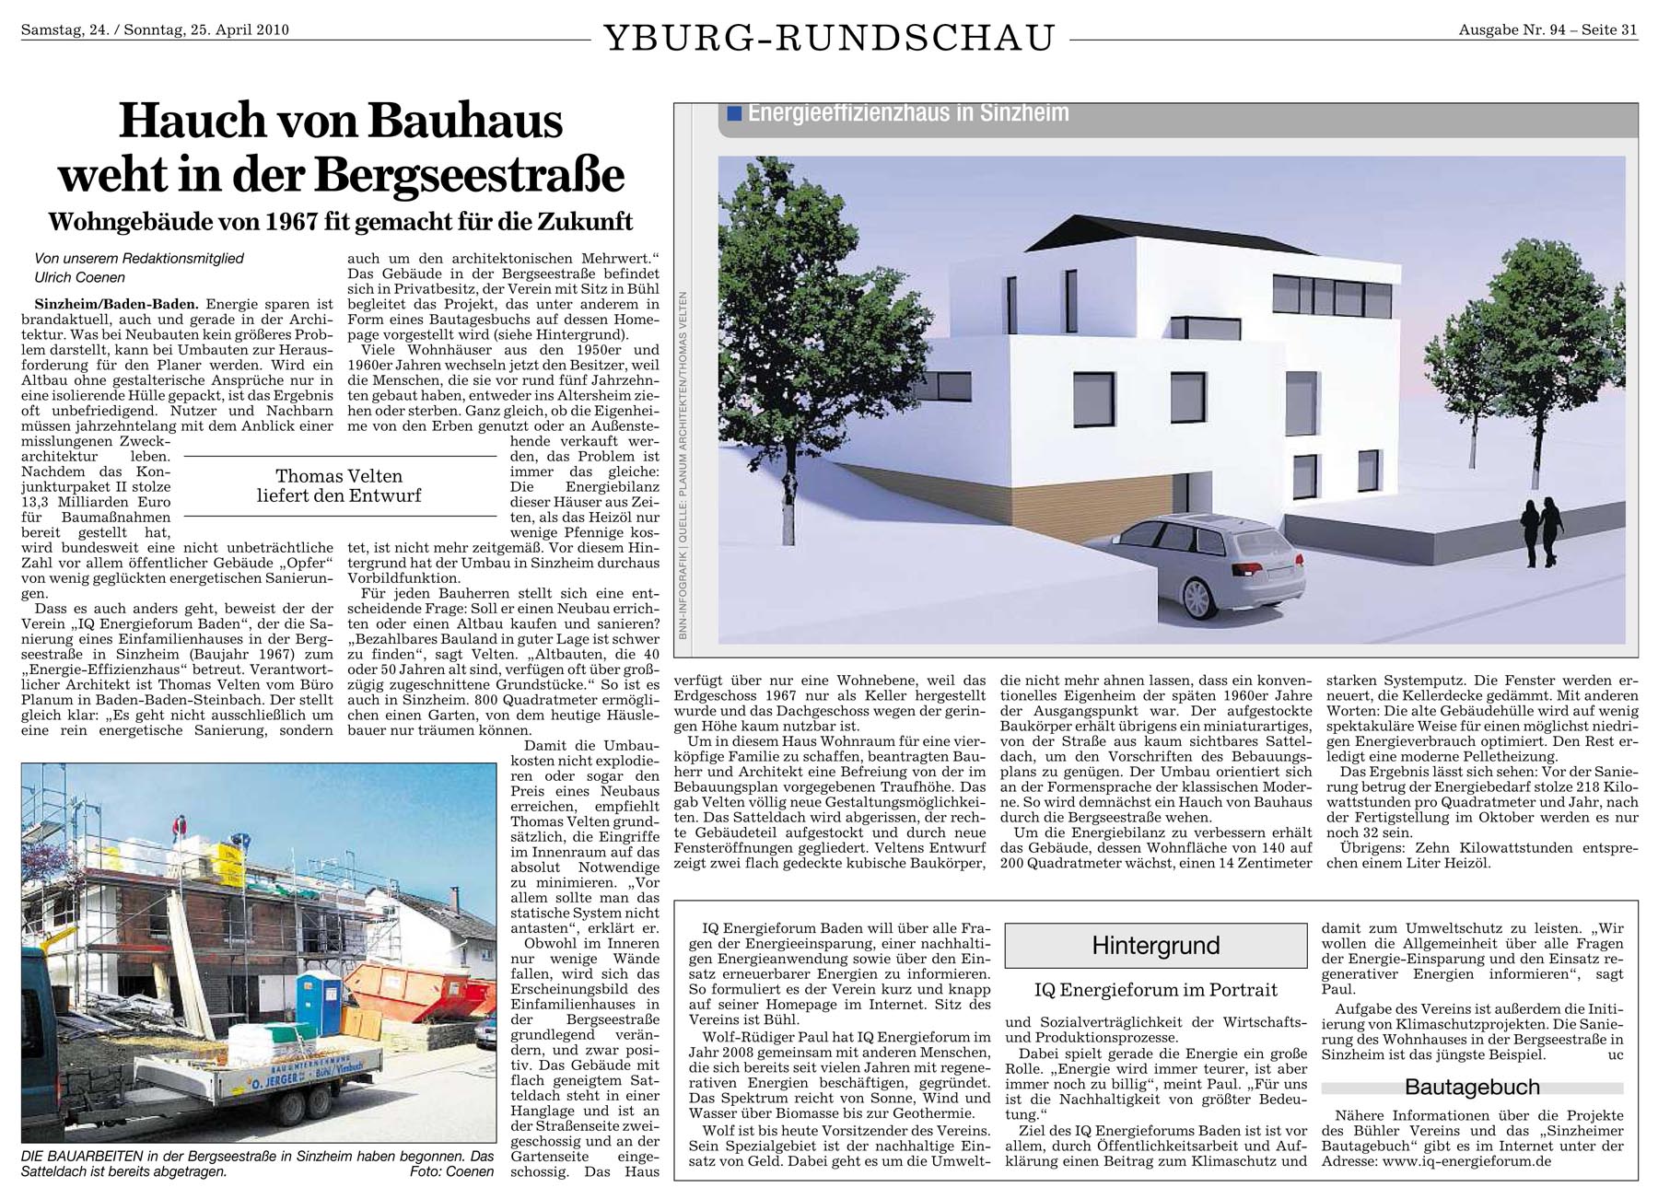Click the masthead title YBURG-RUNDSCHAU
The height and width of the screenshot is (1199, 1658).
click(x=829, y=38)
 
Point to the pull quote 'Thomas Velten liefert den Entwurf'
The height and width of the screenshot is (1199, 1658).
click(x=339, y=486)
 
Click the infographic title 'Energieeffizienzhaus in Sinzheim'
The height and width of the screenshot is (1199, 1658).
click(x=908, y=113)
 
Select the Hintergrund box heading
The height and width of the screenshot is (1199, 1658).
click(x=1155, y=945)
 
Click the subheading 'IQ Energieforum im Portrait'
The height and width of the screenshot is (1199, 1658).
click(x=1155, y=990)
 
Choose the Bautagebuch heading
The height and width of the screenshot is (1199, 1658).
click(x=1472, y=1087)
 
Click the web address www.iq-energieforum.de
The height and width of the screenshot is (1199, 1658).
click(x=1465, y=1161)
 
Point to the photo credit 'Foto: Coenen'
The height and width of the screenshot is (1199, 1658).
click(x=452, y=1172)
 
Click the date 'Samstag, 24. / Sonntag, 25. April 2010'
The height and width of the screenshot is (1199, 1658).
click(x=155, y=29)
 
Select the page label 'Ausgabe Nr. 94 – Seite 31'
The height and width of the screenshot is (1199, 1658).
click(x=1547, y=29)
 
